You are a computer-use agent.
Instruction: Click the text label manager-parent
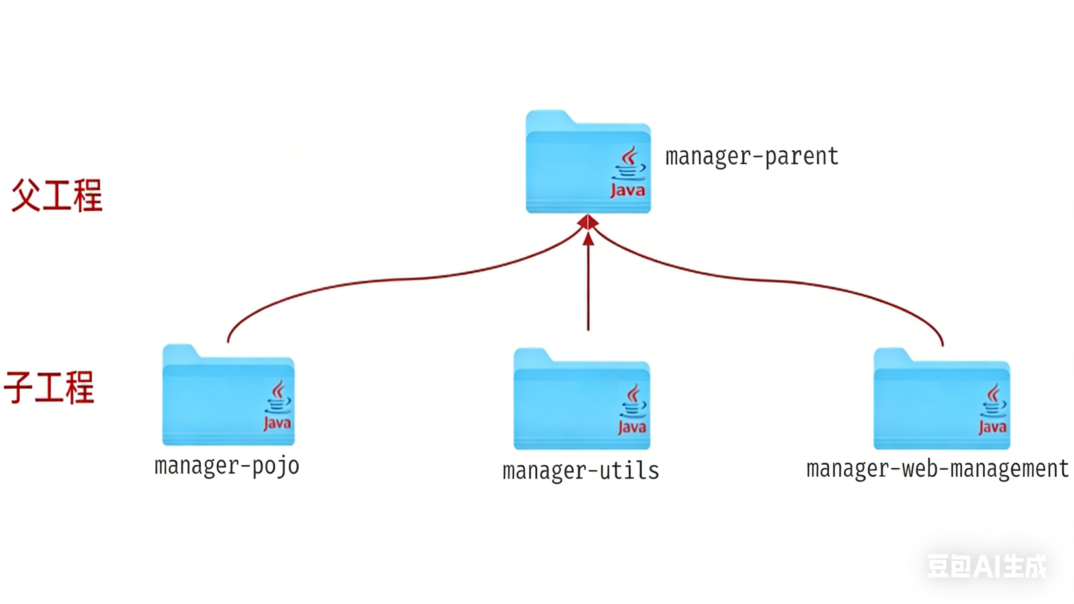[751, 157]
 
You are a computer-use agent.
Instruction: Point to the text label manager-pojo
[227, 466]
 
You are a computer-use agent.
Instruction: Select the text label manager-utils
[580, 471]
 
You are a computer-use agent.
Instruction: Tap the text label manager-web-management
[937, 468]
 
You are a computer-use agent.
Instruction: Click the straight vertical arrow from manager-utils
[588, 288]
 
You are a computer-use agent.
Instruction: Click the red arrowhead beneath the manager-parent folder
[588, 222]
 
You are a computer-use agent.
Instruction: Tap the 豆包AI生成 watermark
[986, 566]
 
